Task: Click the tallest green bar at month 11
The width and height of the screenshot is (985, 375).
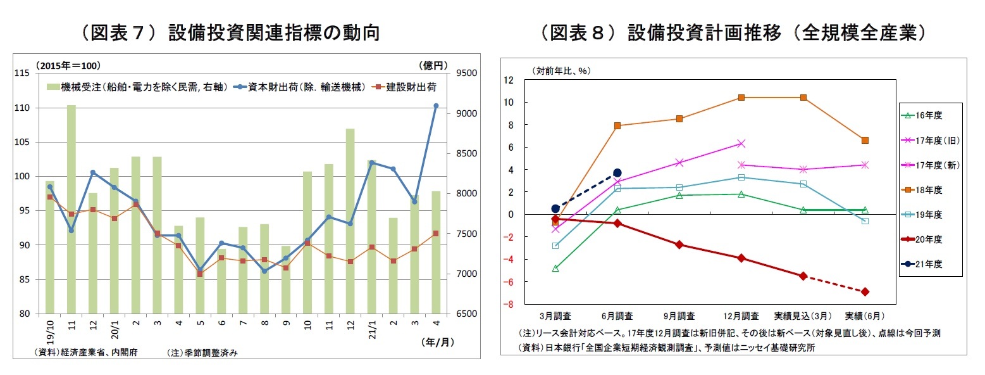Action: tap(71, 209)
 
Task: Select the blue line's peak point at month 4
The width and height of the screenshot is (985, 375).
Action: tap(436, 106)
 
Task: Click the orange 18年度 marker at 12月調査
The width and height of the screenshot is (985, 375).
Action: tap(741, 98)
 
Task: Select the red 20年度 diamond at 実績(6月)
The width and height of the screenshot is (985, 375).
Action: tap(865, 291)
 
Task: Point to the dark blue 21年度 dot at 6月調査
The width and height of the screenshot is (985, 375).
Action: tap(617, 173)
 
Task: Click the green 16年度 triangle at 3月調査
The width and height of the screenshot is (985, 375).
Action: tap(555, 269)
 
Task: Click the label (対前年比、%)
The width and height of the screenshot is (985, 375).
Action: tap(561, 71)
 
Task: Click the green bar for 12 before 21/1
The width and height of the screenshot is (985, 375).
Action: tap(350, 221)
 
